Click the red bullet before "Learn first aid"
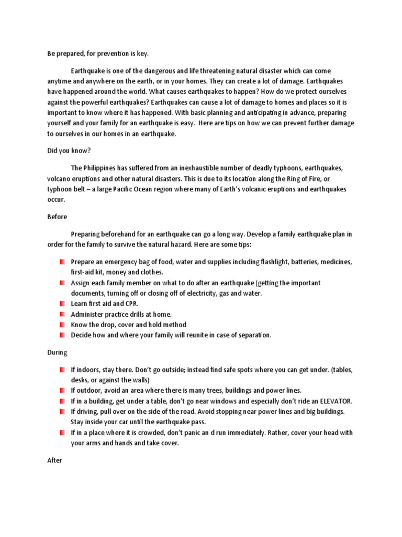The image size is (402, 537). coord(62,304)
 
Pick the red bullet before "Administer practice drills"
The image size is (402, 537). coord(62,314)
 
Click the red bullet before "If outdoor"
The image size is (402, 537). coord(62,391)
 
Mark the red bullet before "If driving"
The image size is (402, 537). coord(62,412)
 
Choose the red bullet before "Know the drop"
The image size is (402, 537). coord(62,325)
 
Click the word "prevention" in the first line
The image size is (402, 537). coord(103,53)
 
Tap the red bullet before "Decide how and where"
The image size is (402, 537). coord(62,335)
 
